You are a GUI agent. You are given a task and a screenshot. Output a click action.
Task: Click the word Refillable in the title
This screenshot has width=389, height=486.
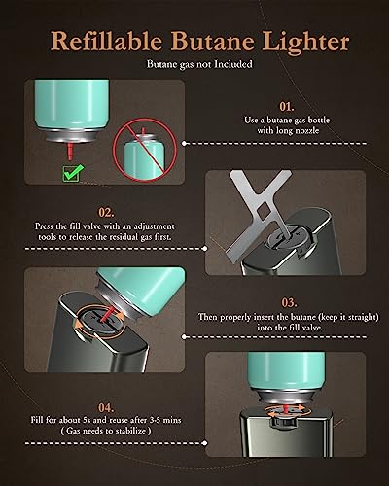(x=106, y=43)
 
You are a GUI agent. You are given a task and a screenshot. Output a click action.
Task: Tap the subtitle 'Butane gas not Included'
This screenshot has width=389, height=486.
(x=199, y=64)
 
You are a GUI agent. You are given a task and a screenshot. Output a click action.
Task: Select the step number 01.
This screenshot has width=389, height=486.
(x=287, y=106)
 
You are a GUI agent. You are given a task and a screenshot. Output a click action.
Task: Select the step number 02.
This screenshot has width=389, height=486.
(x=106, y=213)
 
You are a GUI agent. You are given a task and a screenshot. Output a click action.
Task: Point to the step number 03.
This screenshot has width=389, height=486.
(x=289, y=302)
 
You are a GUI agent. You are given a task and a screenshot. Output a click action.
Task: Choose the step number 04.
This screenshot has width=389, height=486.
(x=106, y=407)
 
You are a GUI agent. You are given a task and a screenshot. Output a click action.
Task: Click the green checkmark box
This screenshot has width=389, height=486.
(x=73, y=173)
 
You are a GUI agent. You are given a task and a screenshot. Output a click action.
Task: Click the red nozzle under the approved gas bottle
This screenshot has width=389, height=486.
(x=69, y=150)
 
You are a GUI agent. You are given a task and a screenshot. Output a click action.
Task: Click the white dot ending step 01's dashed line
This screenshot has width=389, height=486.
(x=184, y=143)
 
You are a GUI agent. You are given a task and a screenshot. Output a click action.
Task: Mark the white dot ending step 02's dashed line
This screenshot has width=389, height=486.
(x=204, y=249)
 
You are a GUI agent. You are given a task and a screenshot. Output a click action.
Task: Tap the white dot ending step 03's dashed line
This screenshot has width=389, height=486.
(x=184, y=336)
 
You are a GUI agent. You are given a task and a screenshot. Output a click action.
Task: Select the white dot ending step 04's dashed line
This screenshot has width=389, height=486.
(x=204, y=443)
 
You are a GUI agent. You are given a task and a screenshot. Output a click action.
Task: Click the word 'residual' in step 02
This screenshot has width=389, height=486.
(x=124, y=237)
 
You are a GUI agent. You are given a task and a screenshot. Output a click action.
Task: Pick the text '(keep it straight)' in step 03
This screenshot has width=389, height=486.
(x=347, y=317)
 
